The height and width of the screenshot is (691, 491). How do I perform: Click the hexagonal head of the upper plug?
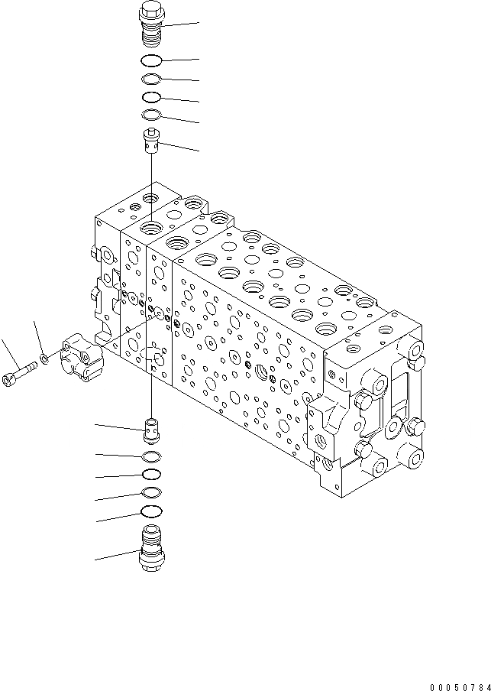pos(151,12)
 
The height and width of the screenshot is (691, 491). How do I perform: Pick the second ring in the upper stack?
pos(151,79)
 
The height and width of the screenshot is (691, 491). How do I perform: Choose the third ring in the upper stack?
pos(151,98)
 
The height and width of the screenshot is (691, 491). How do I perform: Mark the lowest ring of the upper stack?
pos(151,115)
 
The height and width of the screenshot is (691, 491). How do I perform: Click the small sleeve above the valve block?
pos(151,141)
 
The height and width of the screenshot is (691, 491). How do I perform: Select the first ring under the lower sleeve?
pos(152,457)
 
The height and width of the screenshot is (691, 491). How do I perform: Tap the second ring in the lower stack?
pos(152,475)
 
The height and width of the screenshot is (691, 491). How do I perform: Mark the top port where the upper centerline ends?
pos(151,226)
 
